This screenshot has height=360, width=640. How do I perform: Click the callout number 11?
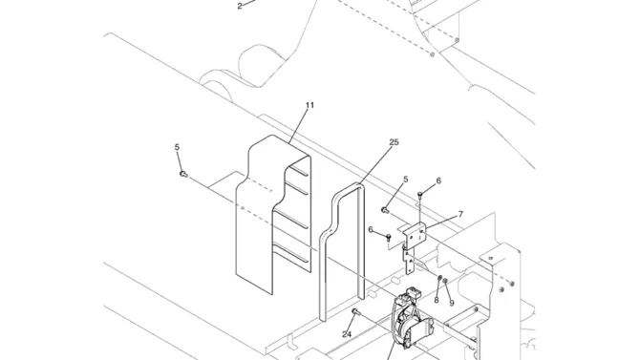[309, 105]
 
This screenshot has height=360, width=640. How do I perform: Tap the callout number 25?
[394, 142]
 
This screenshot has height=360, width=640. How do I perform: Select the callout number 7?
[460, 214]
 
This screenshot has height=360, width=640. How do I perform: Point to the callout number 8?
[437, 300]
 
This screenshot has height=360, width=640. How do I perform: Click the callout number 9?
[452, 304]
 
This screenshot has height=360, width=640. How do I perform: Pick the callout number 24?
[347, 334]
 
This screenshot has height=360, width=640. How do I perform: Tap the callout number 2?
[240, 6]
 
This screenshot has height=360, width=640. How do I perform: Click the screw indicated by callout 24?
[355, 312]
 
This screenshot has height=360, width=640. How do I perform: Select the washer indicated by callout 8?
[440, 279]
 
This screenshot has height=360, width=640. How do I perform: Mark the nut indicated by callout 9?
[445, 281]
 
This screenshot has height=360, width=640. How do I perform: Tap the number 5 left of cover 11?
[177, 147]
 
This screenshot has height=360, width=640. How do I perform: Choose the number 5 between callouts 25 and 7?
[405, 180]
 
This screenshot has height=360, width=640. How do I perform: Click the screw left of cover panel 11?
[183, 175]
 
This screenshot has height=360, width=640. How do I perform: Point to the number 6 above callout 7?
[438, 180]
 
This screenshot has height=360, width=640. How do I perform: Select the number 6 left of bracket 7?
[371, 230]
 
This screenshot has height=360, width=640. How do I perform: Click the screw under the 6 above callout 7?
[420, 195]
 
